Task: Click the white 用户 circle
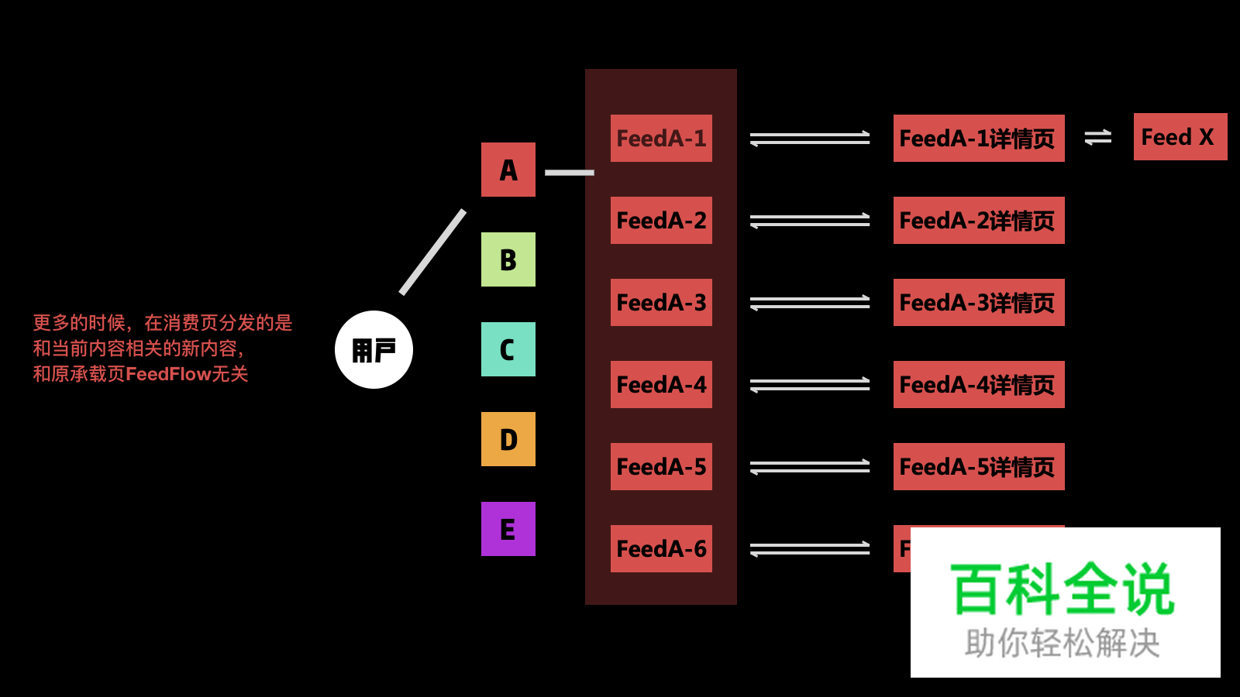coord(374,349)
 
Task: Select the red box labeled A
coord(508,170)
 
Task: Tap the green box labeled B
coord(508,259)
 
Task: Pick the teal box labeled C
coord(508,349)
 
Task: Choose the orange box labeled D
coord(508,439)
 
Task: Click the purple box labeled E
coord(508,529)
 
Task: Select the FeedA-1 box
coord(661,138)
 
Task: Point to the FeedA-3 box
coord(661,302)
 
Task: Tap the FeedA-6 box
coord(661,548)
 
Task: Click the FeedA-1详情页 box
coord(978,138)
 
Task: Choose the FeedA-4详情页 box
coord(978,384)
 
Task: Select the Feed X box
coord(1180,137)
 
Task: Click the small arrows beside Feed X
coord(1097,137)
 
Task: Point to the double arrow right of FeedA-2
coord(810,221)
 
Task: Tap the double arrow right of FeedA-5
coord(810,466)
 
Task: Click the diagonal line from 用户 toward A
coord(432,252)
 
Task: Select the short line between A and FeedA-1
coord(569,173)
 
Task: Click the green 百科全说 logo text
coord(1063,590)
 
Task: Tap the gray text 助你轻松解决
coord(1062,644)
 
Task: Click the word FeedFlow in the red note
coord(168,374)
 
